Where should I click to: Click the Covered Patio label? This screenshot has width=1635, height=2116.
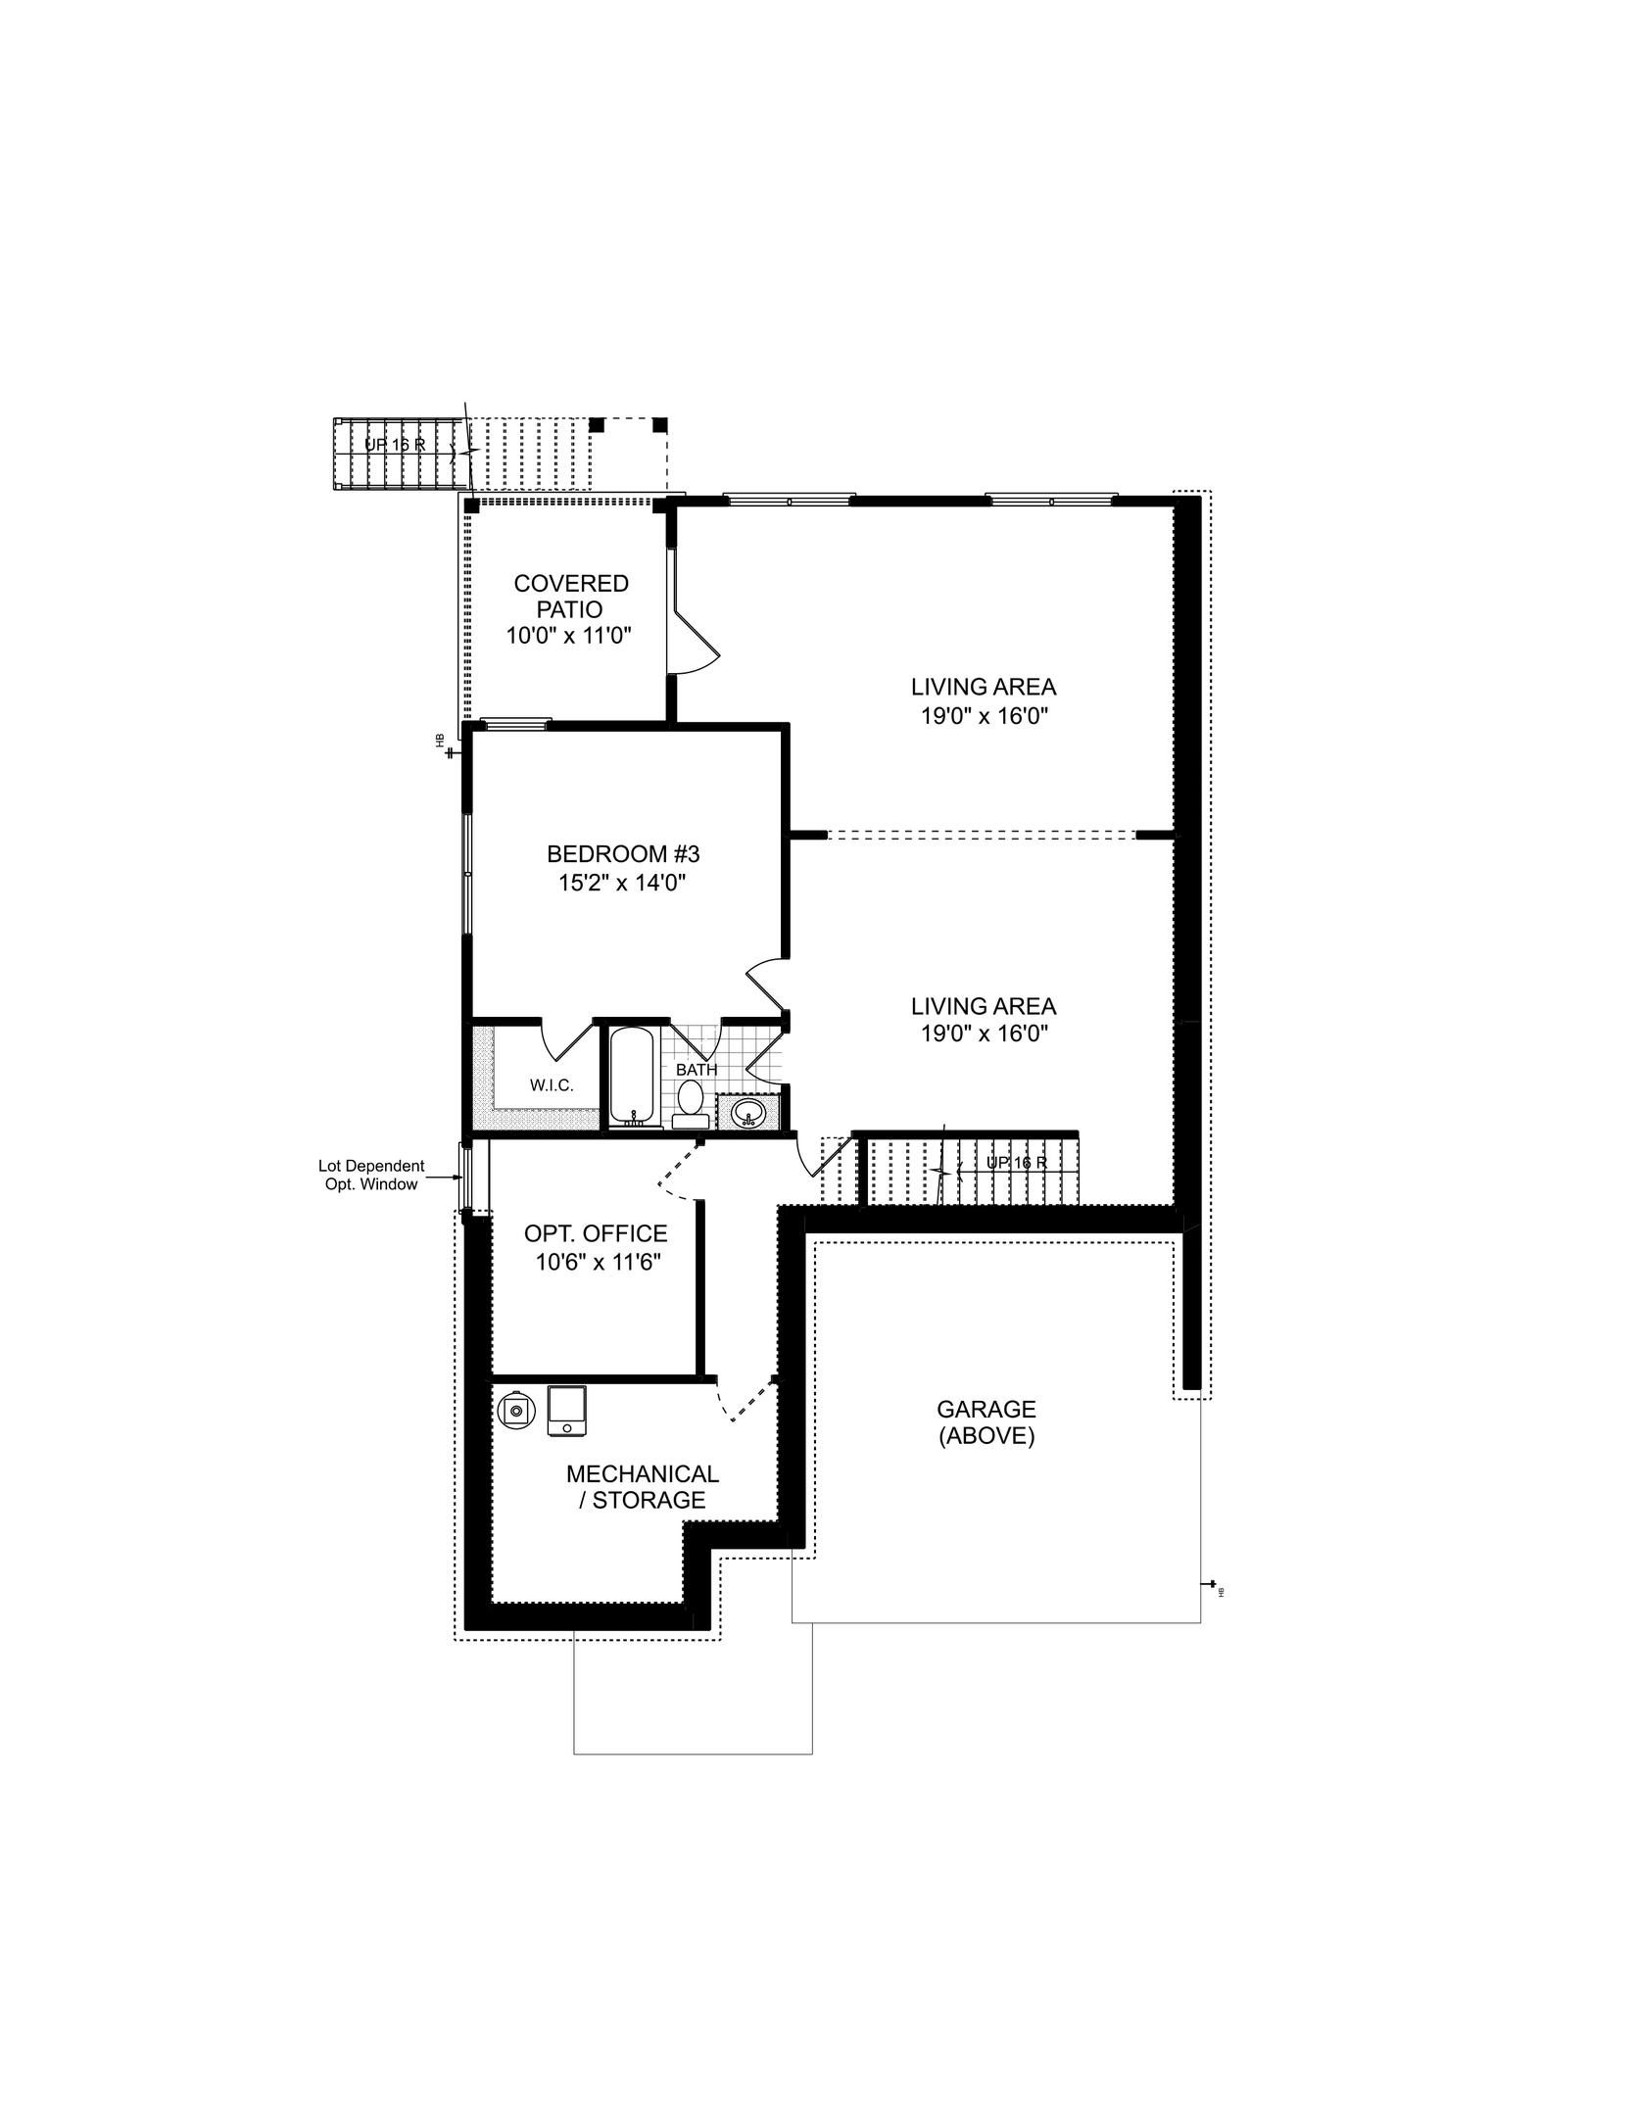click(x=571, y=596)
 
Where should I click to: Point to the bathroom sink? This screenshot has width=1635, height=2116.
click(x=750, y=1113)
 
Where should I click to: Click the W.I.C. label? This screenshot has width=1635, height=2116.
click(x=551, y=1085)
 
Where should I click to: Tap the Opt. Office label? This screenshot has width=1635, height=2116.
click(x=596, y=1233)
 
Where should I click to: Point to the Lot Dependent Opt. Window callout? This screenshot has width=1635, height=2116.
click(x=371, y=1175)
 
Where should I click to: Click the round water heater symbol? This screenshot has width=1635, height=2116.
click(x=515, y=1411)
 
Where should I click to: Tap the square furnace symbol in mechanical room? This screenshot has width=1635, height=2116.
click(x=566, y=1411)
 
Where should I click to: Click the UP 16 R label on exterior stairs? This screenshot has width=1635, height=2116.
click(x=394, y=444)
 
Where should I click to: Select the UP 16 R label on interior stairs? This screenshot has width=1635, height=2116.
click(x=1016, y=1162)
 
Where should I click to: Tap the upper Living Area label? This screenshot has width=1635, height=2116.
click(x=983, y=687)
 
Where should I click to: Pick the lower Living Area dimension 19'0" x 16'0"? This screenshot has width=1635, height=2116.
click(x=983, y=1033)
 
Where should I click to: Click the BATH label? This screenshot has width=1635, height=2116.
click(x=696, y=1070)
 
